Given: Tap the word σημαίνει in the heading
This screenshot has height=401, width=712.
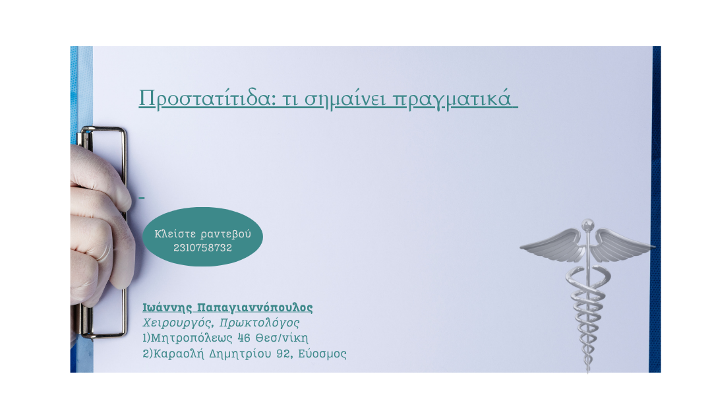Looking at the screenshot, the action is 345,98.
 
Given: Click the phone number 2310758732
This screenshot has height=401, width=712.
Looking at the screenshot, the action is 202,248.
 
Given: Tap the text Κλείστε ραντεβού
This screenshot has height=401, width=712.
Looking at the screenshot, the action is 202,234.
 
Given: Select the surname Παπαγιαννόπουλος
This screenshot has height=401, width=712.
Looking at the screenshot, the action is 255,308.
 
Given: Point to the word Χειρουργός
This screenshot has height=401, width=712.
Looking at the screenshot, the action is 177,323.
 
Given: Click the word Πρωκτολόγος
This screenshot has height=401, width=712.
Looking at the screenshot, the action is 259,323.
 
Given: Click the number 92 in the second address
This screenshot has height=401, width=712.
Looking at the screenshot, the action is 284,354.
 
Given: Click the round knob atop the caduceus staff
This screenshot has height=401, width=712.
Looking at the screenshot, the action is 588,225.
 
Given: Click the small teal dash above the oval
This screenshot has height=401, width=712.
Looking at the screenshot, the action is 142,198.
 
